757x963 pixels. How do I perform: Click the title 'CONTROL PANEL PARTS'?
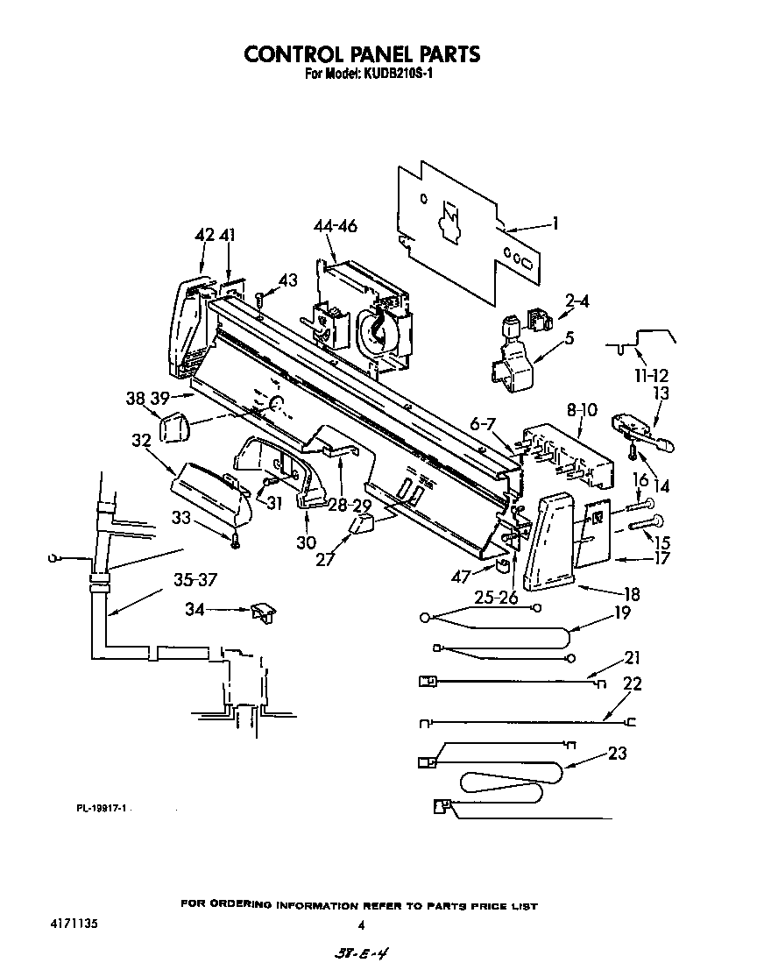[x=362, y=53]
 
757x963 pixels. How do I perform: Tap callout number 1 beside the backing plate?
[x=555, y=223]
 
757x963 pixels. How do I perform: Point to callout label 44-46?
[x=335, y=227]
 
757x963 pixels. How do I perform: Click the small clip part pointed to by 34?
[x=261, y=612]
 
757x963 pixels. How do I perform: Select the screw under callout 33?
[x=235, y=543]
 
